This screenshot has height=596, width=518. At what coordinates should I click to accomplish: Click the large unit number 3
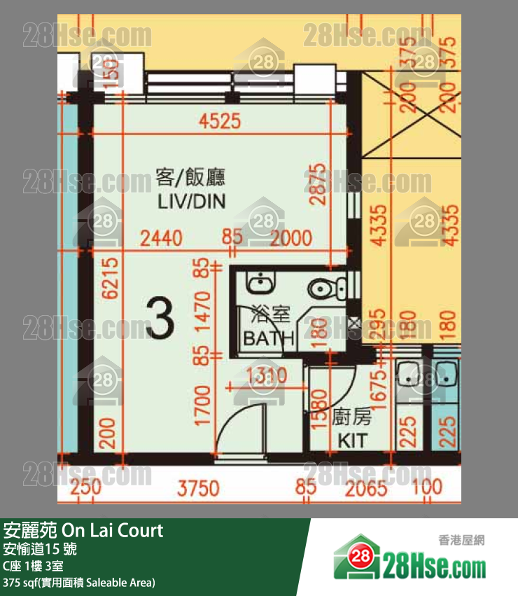click(162, 319)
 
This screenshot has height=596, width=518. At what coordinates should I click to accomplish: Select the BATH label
click(268, 339)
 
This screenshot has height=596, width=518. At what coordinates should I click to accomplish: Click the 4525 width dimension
click(219, 121)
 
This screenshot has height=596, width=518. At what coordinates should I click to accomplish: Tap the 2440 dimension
click(161, 238)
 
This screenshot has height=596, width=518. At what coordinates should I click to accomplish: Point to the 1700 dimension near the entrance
click(203, 406)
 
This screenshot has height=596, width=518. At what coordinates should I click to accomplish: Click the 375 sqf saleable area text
click(78, 582)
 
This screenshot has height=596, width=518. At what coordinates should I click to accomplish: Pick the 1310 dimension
click(267, 376)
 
